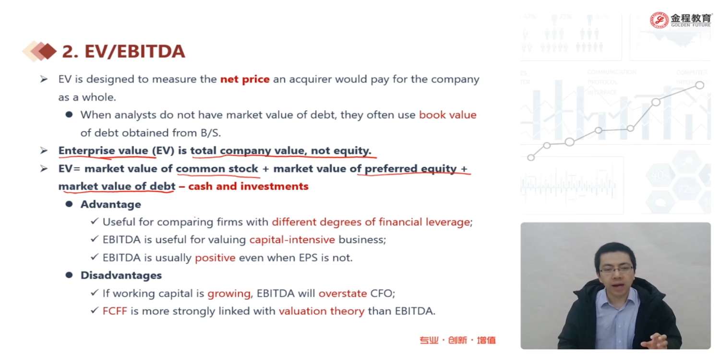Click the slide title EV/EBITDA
tap(123, 51)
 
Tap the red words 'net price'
tap(245, 79)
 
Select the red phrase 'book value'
tap(447, 115)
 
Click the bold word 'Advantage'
tap(110, 204)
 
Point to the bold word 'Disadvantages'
tap(121, 276)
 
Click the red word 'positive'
tap(215, 258)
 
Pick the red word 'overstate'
tap(343, 293)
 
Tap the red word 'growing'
tap(229, 294)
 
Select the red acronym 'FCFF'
tap(115, 311)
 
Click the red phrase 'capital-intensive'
tap(292, 240)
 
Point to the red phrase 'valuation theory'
tap(322, 312)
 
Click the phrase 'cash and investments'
tap(248, 186)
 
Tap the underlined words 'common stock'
tap(217, 169)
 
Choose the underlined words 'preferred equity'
tap(410, 169)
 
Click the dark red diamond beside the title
tap(48, 51)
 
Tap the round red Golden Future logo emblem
tap(659, 20)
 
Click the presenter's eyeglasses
tap(616, 269)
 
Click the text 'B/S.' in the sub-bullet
tap(211, 133)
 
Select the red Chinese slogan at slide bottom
tap(457, 340)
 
